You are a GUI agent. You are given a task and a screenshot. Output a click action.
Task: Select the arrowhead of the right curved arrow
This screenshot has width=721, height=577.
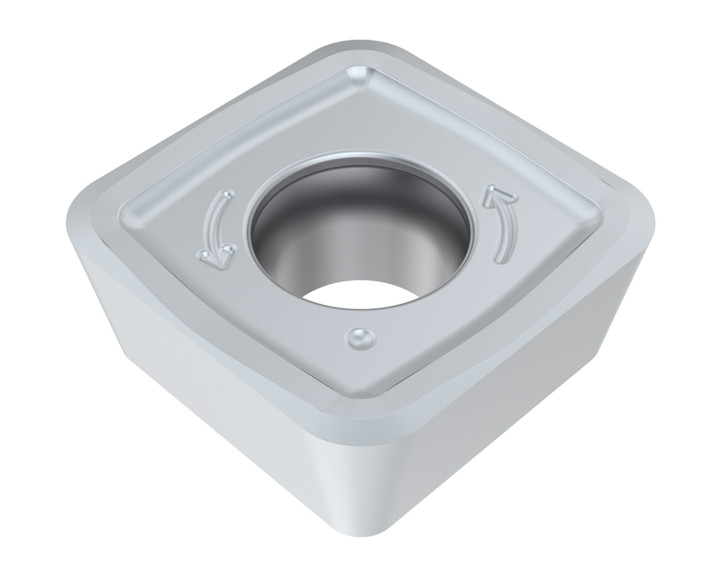point(494,192)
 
